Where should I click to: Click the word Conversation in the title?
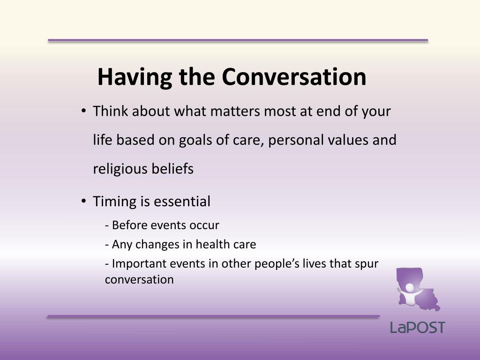[x=294, y=77]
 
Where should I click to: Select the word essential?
[x=182, y=202]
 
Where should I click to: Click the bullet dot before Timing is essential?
[x=83, y=202]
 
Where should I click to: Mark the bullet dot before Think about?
[x=83, y=112]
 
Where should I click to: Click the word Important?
[x=136, y=264]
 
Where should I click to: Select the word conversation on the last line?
[x=139, y=280]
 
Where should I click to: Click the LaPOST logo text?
[x=417, y=327]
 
